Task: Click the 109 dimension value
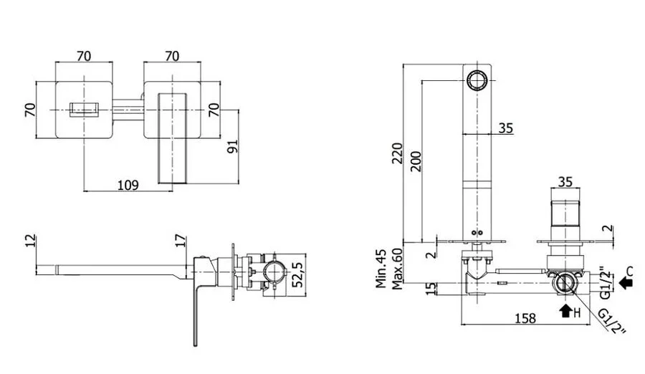(x=127, y=185)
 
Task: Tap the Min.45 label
(x=383, y=268)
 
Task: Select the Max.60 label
(x=395, y=268)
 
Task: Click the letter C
(x=631, y=271)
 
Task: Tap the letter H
(x=575, y=312)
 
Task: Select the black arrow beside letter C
(x=626, y=284)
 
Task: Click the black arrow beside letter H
(x=565, y=311)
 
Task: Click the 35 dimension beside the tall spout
(x=506, y=129)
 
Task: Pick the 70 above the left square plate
(x=84, y=55)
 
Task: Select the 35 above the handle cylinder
(x=565, y=182)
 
